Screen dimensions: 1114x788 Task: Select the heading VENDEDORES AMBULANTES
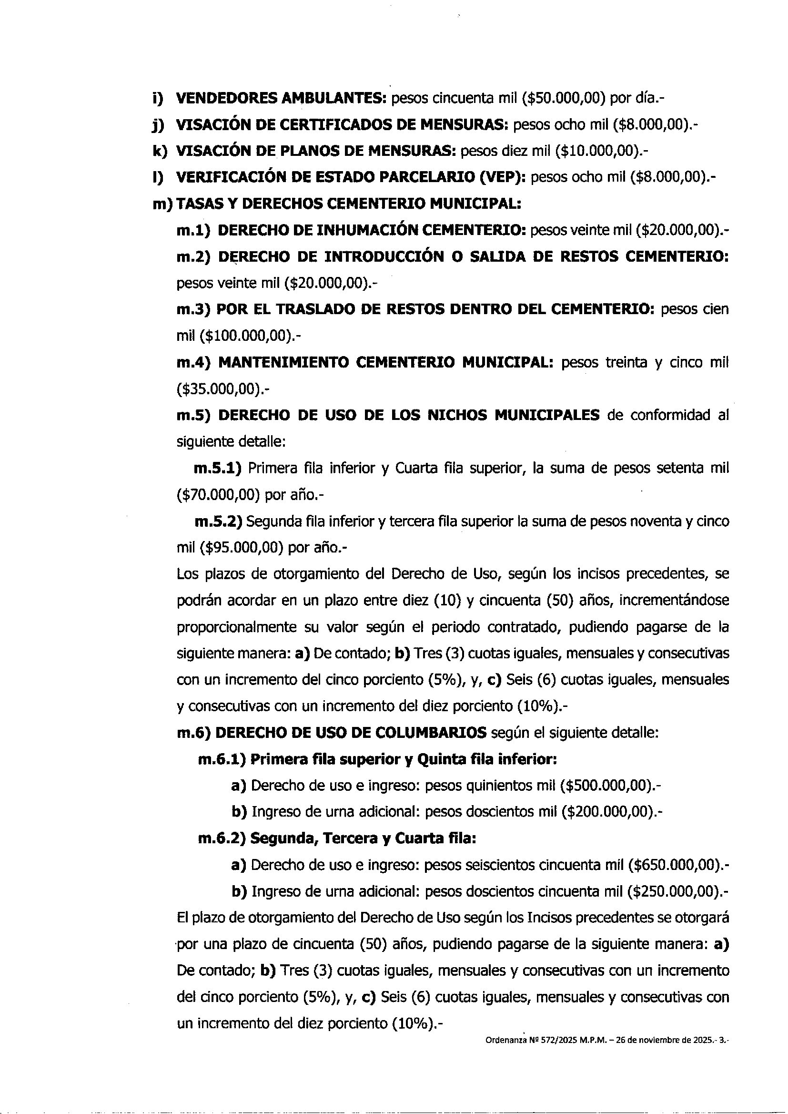tap(281, 99)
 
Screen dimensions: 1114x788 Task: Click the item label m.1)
tap(193, 230)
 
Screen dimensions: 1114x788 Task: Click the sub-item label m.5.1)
tap(218, 469)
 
